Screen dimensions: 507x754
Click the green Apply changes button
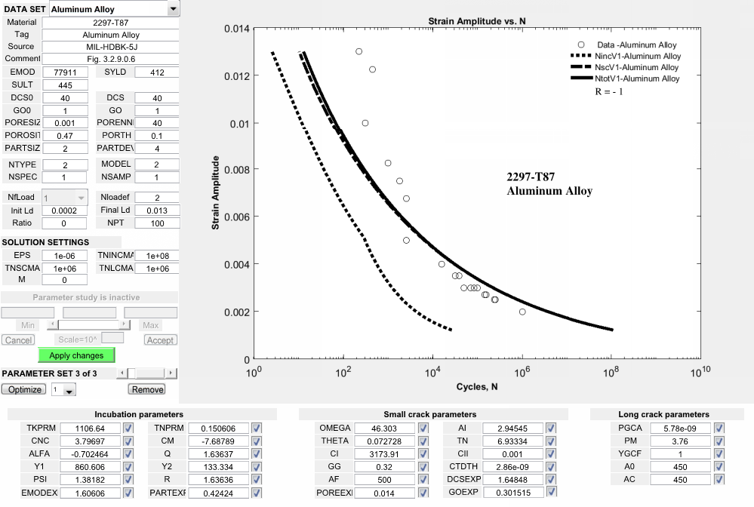(x=76, y=355)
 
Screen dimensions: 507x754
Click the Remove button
(x=147, y=389)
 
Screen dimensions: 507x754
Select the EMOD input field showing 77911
(x=65, y=72)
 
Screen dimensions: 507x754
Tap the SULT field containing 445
(x=65, y=85)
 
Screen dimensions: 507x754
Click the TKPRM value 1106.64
(x=90, y=429)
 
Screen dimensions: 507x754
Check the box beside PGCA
(x=719, y=429)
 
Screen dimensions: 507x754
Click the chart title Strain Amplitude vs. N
(x=477, y=20)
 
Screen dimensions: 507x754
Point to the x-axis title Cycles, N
(x=477, y=387)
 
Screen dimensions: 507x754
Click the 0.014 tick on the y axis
(x=237, y=29)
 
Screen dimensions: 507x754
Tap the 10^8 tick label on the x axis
(x=612, y=371)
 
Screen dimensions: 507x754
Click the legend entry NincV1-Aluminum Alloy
(x=638, y=56)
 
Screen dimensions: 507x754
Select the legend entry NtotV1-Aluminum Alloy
(x=638, y=78)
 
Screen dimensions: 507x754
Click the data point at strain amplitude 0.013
(x=359, y=52)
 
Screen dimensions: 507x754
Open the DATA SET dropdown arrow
(x=174, y=8)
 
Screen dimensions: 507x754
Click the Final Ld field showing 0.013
(x=157, y=210)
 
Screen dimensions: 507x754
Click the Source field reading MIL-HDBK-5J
(x=111, y=47)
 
